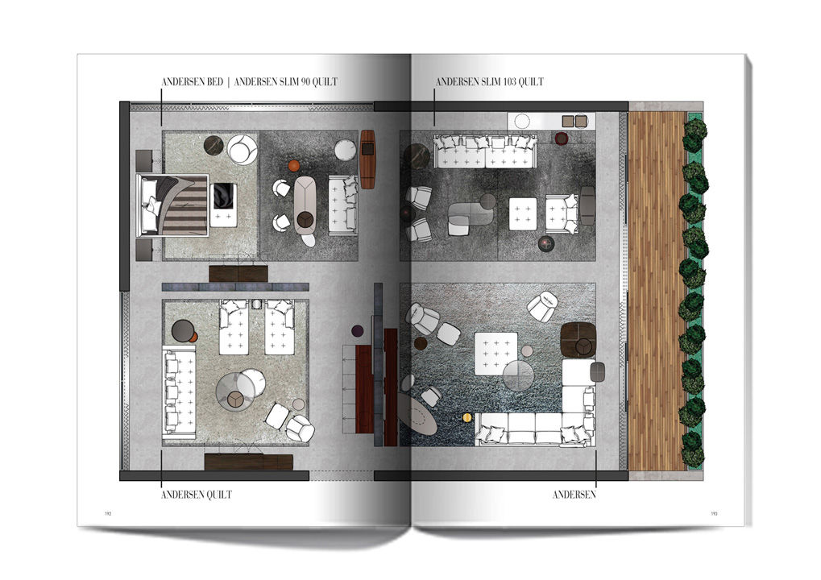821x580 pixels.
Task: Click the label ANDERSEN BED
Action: click(x=193, y=82)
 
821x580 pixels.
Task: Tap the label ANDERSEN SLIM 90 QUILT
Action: click(x=286, y=82)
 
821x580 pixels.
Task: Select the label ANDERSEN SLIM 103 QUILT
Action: click(x=490, y=82)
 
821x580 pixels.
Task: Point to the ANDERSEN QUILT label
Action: click(x=197, y=495)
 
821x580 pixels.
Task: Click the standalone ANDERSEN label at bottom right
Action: click(x=574, y=495)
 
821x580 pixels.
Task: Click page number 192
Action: click(x=108, y=513)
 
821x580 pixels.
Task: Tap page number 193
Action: click(x=714, y=513)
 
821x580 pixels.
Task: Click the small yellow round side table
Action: click(x=467, y=418)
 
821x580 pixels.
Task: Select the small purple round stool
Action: click(x=357, y=331)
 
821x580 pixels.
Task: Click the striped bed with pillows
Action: click(x=172, y=205)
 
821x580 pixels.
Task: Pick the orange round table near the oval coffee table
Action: click(x=294, y=167)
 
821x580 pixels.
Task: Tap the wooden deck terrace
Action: click(x=657, y=291)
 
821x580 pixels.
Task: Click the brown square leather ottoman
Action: click(x=578, y=340)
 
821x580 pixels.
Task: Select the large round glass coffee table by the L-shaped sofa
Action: click(x=518, y=375)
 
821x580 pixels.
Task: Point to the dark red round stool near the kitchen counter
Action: click(x=562, y=139)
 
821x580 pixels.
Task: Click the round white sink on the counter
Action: click(x=522, y=122)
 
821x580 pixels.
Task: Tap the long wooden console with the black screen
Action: click(x=368, y=159)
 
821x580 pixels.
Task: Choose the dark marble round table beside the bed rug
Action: click(x=214, y=144)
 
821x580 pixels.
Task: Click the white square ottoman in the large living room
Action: click(x=496, y=354)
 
